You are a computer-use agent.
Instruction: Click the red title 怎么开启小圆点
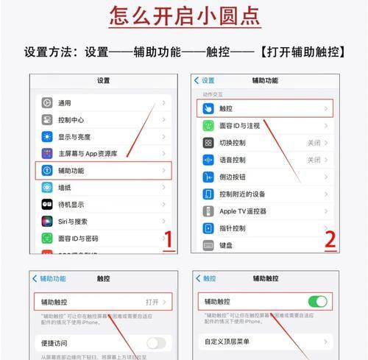[183, 15]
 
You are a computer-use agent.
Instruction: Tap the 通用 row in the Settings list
[104, 103]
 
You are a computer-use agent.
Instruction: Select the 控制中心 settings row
[104, 120]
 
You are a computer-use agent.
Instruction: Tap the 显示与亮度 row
[104, 137]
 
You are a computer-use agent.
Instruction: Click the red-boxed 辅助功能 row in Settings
[104, 171]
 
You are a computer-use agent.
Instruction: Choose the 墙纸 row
[104, 188]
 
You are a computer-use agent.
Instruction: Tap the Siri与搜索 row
[104, 222]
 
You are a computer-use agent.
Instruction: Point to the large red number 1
[168, 240]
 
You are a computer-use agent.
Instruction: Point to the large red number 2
[329, 239]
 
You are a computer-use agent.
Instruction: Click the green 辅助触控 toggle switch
[316, 302]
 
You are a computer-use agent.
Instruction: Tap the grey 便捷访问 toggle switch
[156, 343]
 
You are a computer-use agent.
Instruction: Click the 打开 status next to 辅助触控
[152, 302]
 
